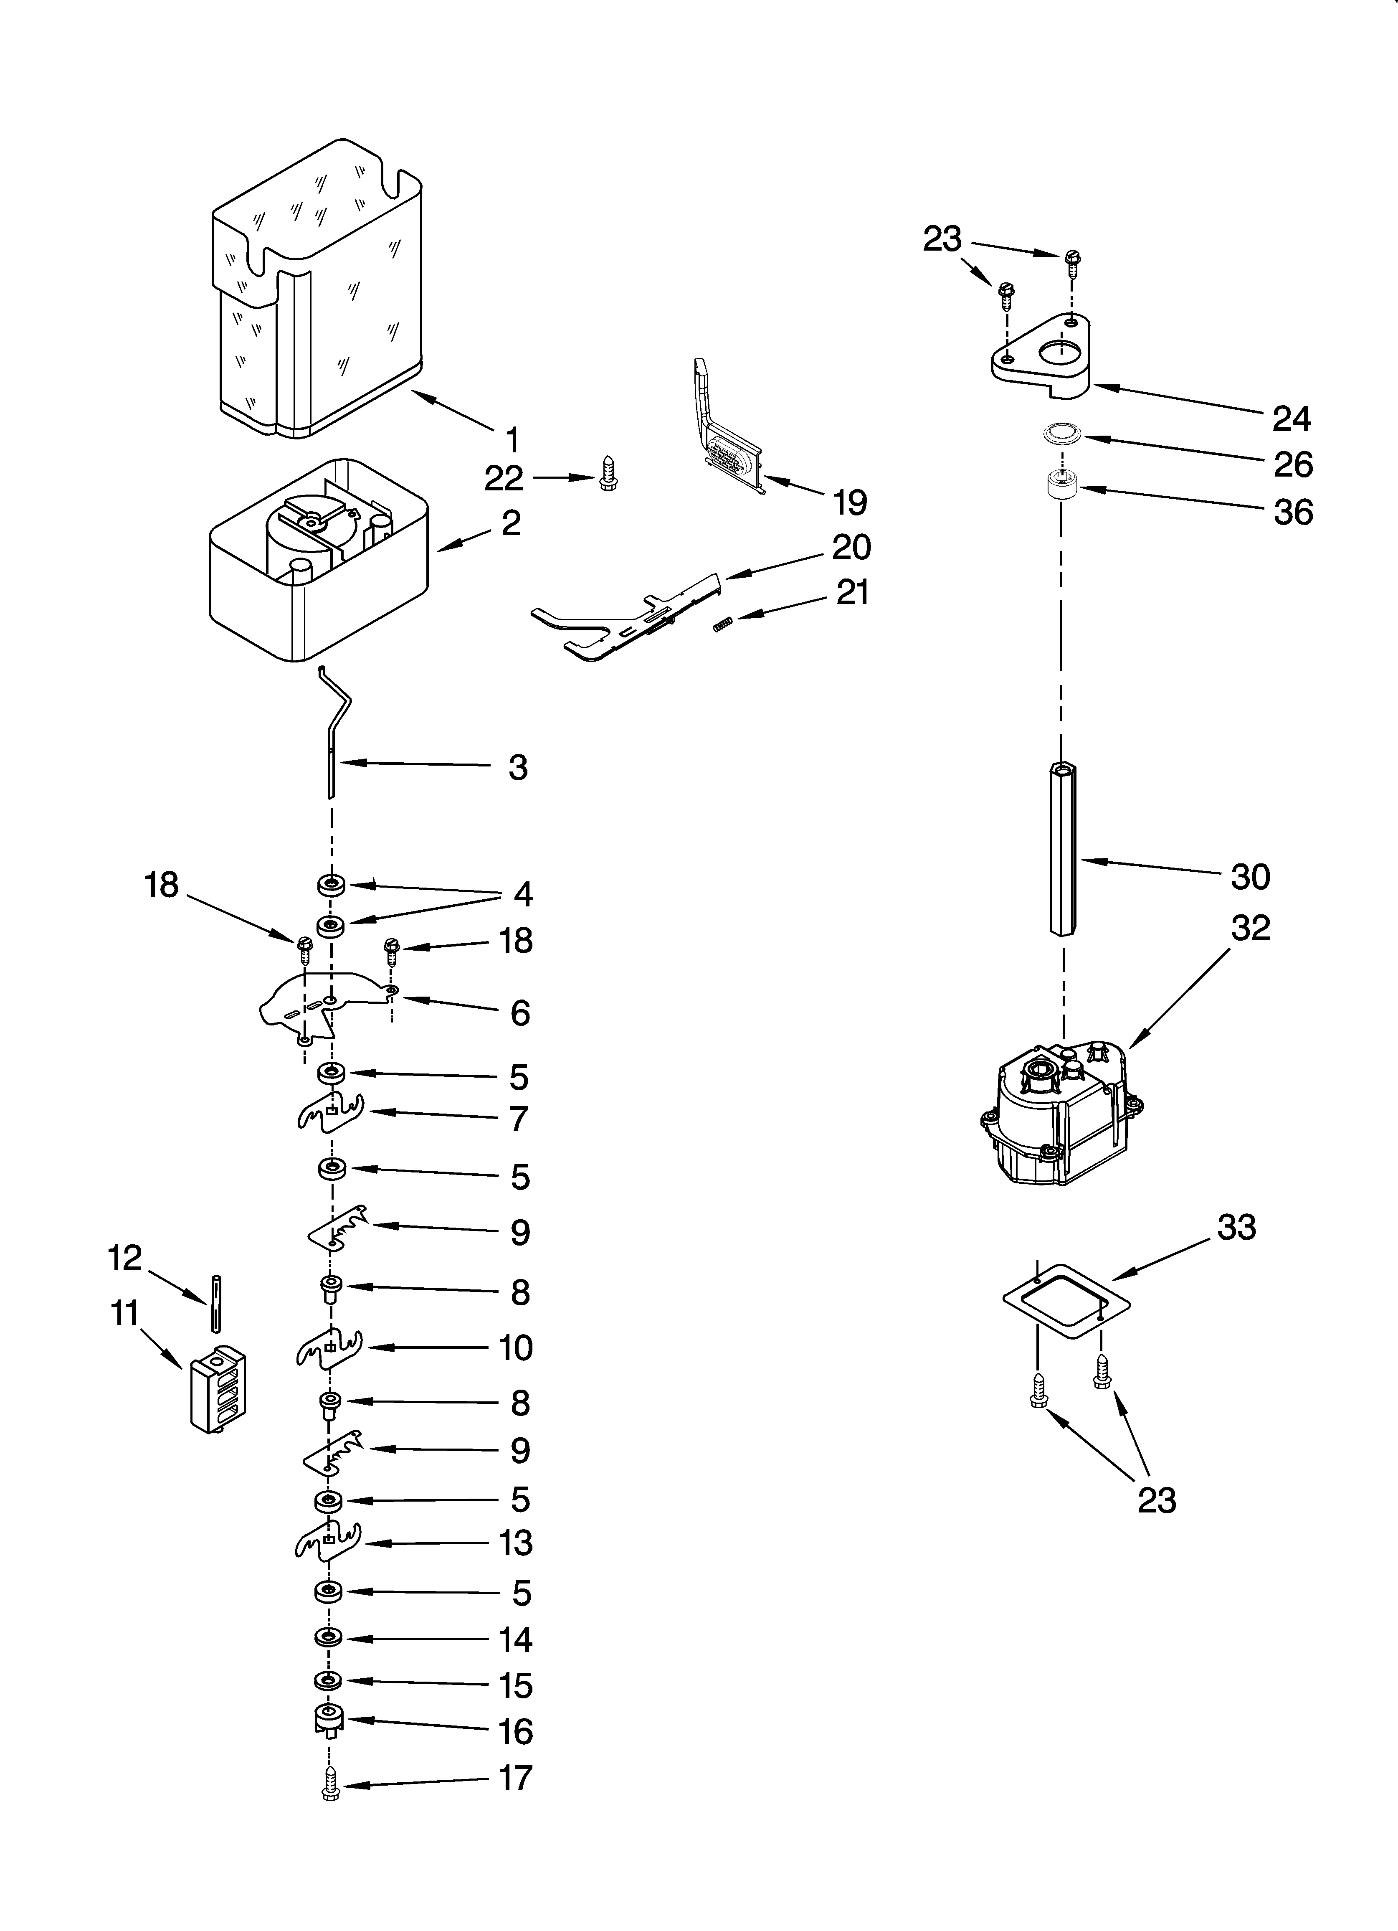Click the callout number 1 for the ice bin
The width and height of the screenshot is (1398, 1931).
click(512, 440)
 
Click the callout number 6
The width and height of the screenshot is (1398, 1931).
click(519, 1013)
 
